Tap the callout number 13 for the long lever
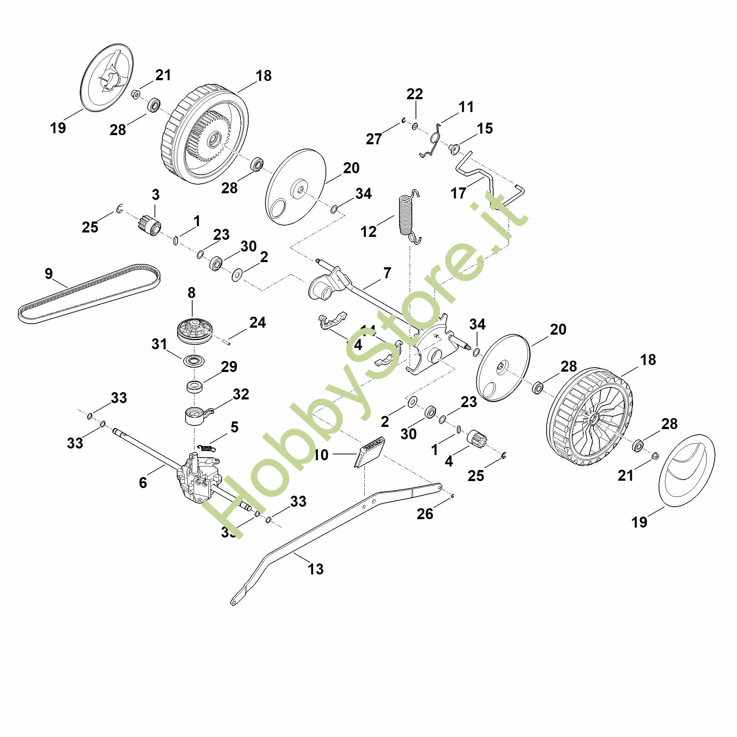click(316, 569)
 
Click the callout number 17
click(458, 193)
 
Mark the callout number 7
click(387, 273)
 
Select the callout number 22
click(415, 94)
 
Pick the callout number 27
click(373, 139)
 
